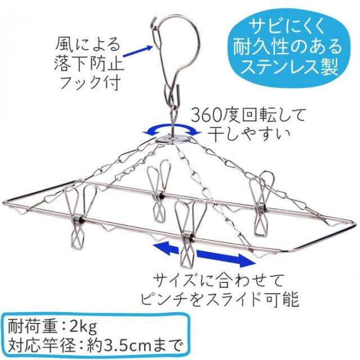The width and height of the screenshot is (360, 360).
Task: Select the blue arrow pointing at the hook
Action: pyautogui.click(x=138, y=51)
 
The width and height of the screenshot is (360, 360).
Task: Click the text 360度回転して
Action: pyautogui.click(x=248, y=115)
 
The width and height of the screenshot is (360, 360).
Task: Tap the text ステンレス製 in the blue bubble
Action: pyautogui.click(x=289, y=66)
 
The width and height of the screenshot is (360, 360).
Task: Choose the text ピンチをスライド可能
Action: pyautogui.click(x=220, y=299)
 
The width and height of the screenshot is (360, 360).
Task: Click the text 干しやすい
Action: pyautogui.click(x=249, y=134)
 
